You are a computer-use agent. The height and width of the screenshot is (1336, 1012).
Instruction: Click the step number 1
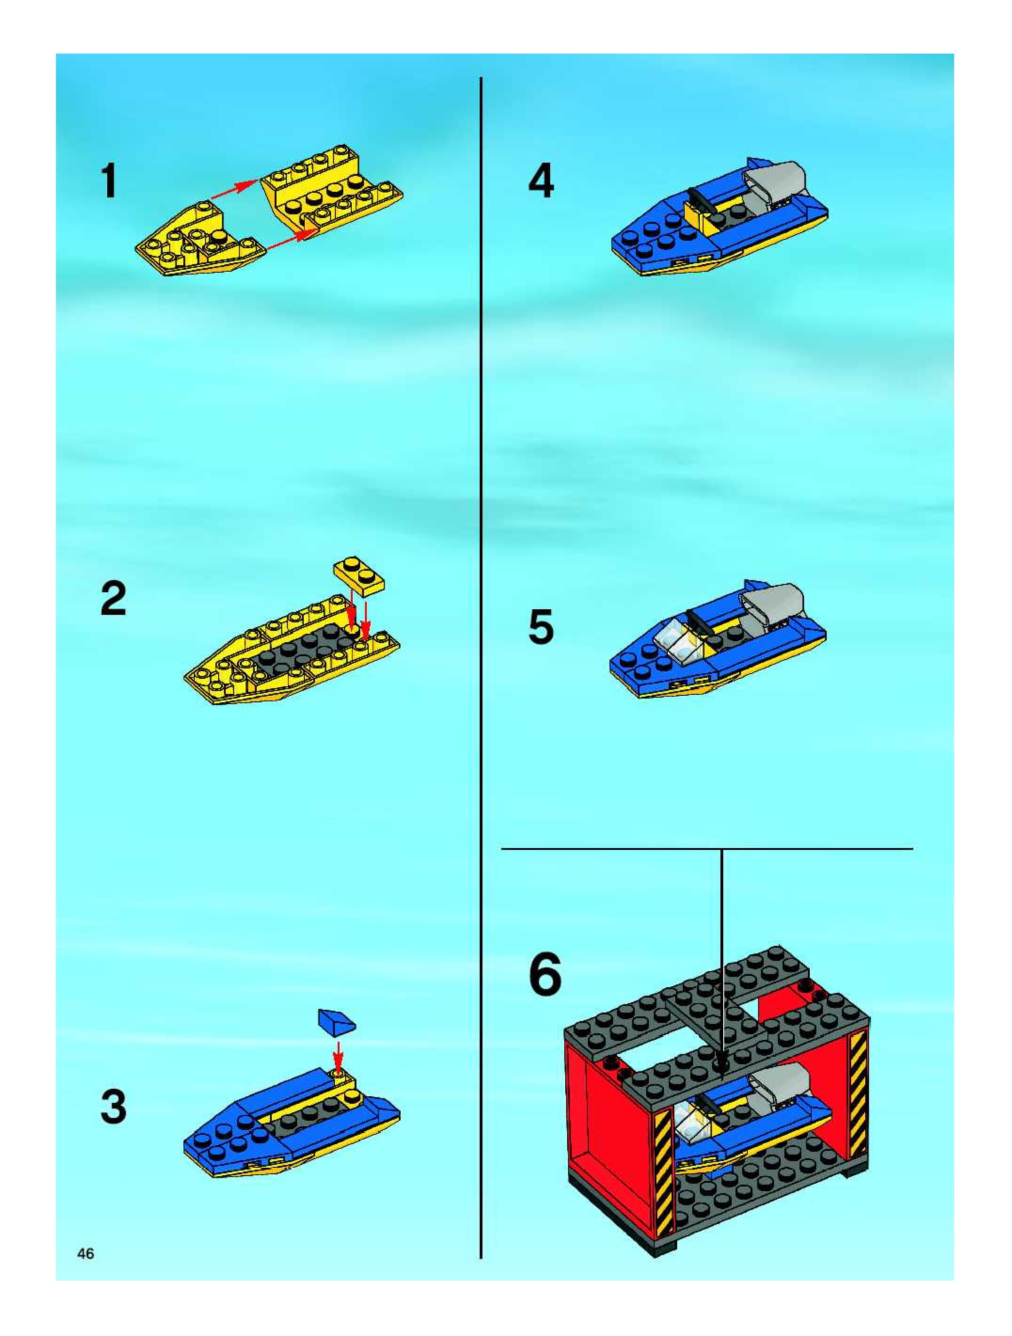(109, 182)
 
